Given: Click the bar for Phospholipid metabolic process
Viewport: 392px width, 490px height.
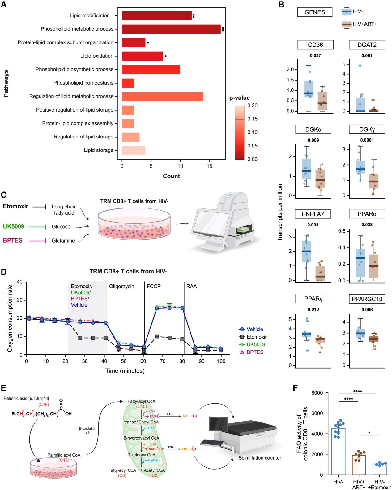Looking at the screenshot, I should [171, 29].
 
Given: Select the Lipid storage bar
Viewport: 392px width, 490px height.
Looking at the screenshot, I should [134, 150].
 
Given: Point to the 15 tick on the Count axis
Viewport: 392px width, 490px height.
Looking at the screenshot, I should [209, 166].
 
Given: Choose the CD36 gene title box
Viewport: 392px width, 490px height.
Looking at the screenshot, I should [316, 45].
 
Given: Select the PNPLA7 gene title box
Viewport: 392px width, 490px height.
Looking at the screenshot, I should [316, 214].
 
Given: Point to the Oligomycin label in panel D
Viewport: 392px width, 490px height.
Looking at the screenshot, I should [121, 286].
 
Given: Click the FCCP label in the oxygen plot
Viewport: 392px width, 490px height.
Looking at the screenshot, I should [153, 286].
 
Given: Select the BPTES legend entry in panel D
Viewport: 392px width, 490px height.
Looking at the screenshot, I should [255, 352].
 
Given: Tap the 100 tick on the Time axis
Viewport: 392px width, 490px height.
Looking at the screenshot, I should [221, 361].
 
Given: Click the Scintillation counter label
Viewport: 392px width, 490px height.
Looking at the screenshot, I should [260, 458].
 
